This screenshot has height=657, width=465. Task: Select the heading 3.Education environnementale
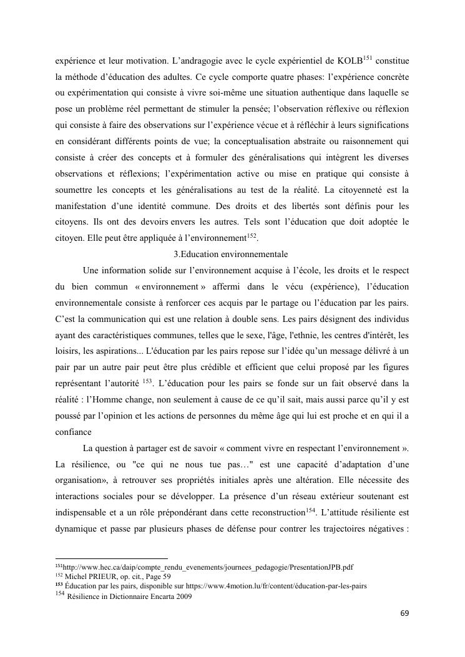230,255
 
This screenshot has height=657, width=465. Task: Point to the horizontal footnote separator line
112,558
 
